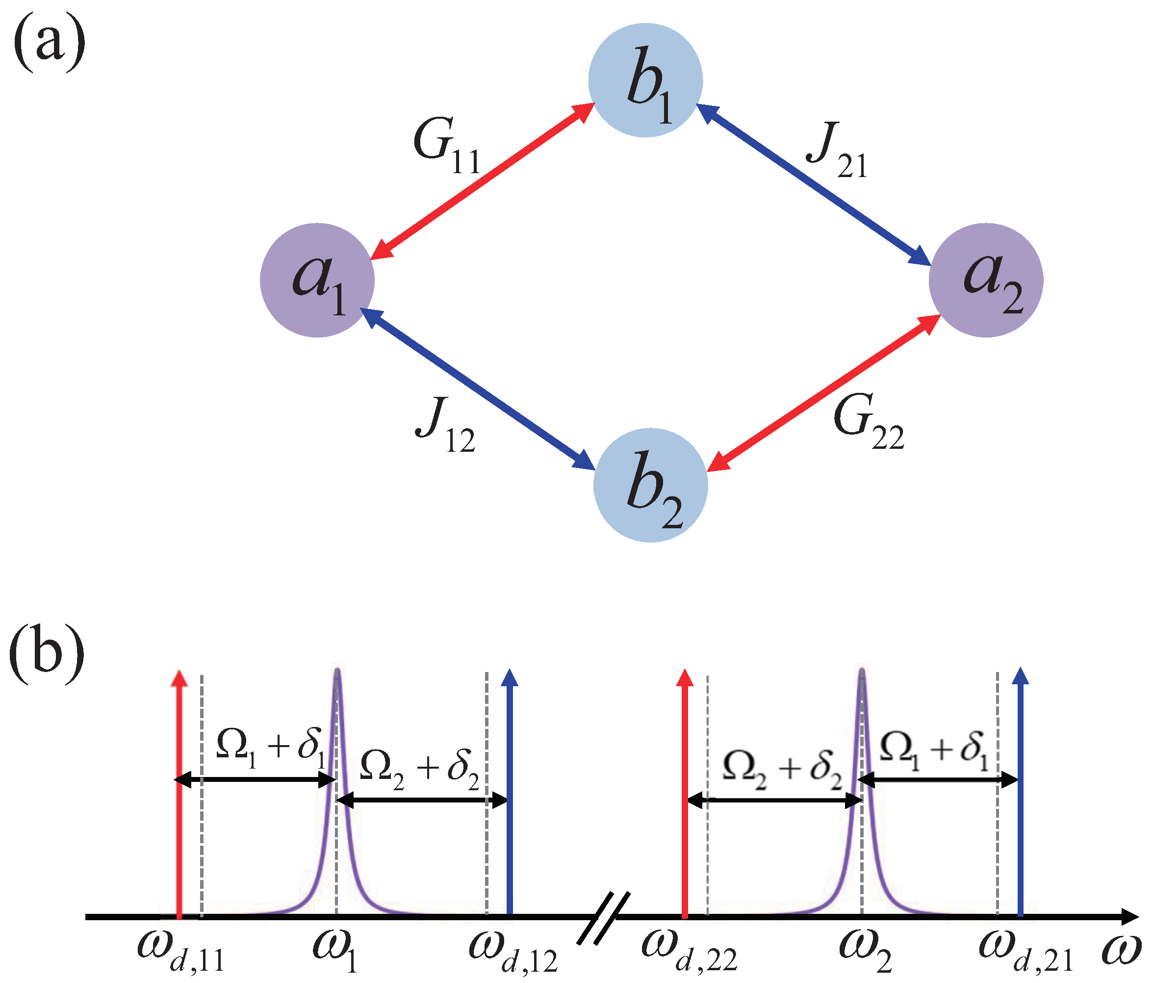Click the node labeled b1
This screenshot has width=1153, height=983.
pos(645,80)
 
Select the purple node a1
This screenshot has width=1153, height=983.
pos(317,280)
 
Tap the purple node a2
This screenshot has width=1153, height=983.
pos(986,280)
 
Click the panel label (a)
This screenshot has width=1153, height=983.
pos(49,45)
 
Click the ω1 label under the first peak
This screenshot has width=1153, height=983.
pos(334,951)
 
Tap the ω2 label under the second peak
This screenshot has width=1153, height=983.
pos(865,951)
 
